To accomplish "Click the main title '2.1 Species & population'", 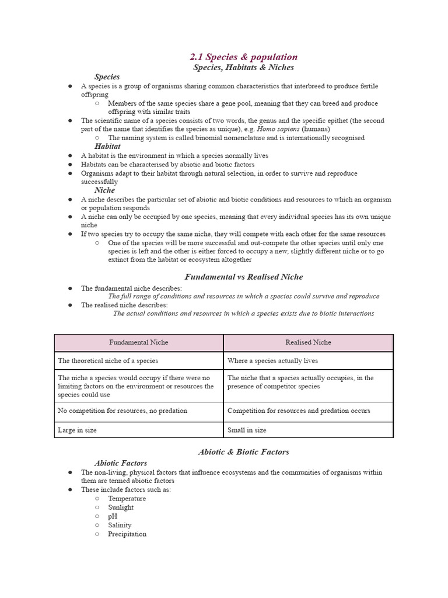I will (243, 57).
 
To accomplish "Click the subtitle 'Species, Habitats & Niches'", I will (243, 67).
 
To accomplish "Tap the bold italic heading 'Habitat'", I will (107, 146).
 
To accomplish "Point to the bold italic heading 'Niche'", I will (104, 190).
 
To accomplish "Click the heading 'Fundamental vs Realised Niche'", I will (243, 277).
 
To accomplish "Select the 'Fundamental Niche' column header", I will (139, 342).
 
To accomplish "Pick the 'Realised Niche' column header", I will (308, 342).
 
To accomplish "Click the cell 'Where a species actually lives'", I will (272, 360).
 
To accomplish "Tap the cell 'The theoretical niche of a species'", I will (108, 360).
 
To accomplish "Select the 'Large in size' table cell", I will (78, 430).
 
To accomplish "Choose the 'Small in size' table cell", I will (247, 430).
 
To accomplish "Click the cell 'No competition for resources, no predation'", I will (123, 411).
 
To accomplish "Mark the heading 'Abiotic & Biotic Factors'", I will (243, 451).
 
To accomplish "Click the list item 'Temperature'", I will (127, 499).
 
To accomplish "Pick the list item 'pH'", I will (113, 516).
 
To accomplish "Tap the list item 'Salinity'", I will (120, 525).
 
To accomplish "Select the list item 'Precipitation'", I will (127, 534).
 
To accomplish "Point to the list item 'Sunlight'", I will (121, 507).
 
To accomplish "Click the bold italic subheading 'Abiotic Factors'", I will (121, 463).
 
